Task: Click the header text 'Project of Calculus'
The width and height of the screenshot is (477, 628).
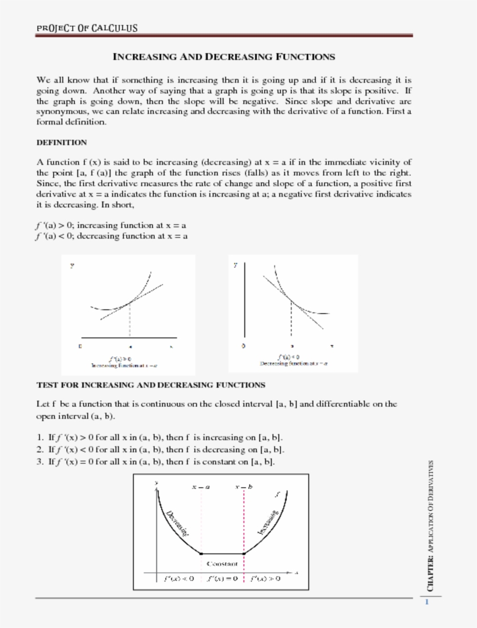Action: coord(87,28)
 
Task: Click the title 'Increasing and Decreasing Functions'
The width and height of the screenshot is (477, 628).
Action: coord(223,57)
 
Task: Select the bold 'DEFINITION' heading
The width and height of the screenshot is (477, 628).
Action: coord(62,143)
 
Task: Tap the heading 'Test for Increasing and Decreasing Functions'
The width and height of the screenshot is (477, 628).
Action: coord(151,385)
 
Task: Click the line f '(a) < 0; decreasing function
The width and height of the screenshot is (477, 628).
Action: coord(112,236)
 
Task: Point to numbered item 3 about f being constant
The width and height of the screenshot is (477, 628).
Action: coord(155,462)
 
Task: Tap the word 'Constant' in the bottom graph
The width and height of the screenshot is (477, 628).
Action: coord(222,563)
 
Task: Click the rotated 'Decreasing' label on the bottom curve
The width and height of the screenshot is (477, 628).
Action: coord(178,522)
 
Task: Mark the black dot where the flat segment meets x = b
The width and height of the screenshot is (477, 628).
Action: coord(244,554)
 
